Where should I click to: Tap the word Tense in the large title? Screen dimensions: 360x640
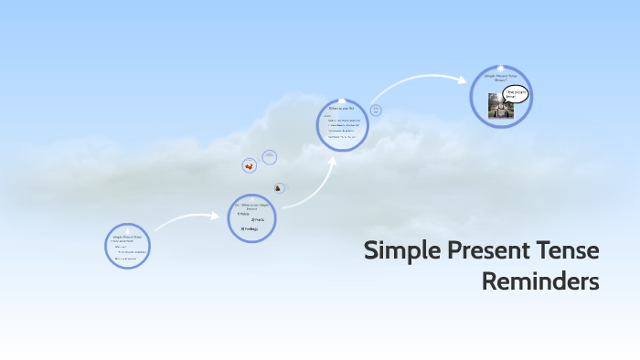click(x=570, y=250)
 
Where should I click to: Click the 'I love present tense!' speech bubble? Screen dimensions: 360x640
click(x=517, y=93)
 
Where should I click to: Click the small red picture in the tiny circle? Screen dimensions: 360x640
click(x=249, y=165)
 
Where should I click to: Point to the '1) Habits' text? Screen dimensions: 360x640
click(x=243, y=214)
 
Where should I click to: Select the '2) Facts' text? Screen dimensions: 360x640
click(x=258, y=220)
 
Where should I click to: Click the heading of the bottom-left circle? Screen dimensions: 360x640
click(x=126, y=236)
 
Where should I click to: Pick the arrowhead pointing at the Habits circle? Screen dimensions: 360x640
click(x=220, y=217)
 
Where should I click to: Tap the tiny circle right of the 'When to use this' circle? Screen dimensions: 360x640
click(x=376, y=111)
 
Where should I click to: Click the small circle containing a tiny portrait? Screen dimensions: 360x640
click(x=279, y=187)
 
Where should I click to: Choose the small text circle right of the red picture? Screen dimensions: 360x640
click(x=270, y=157)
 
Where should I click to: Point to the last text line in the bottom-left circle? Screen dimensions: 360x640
click(x=126, y=259)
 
